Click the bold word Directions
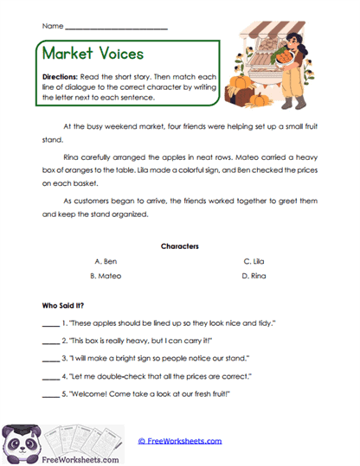point(62,77)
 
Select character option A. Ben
point(106,260)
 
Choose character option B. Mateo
point(106,276)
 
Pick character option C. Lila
point(254,260)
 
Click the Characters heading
point(180,246)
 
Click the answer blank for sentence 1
point(51,323)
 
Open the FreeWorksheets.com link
point(180,440)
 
